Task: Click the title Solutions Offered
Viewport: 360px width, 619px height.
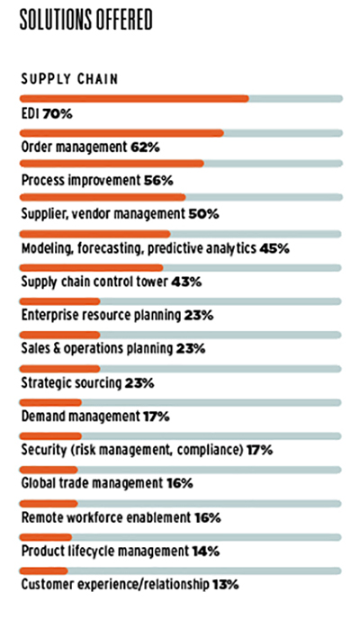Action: pos(86,20)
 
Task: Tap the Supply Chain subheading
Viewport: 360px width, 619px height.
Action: pos(69,79)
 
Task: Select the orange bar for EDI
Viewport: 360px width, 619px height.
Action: pos(134,99)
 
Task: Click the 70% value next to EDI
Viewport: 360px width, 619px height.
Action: pos(58,114)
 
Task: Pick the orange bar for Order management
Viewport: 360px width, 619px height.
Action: pos(121,133)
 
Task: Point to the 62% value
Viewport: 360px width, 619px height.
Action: pos(145,148)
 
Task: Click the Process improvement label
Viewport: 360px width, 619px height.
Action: pos(80,181)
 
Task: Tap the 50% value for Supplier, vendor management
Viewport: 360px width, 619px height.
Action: pos(203,214)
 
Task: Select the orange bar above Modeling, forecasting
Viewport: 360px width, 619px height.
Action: pos(95,234)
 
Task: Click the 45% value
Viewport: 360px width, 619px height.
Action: pos(274,248)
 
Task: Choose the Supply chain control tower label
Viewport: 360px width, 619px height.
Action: pos(94,282)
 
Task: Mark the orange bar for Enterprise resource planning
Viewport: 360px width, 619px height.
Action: pos(60,301)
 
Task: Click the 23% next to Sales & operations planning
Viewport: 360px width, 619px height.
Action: pos(191,349)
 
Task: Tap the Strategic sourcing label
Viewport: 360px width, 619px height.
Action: pos(71,383)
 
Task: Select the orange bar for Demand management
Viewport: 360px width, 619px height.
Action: pos(50,403)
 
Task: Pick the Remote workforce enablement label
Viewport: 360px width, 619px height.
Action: pos(106,517)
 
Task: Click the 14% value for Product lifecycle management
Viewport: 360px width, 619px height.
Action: pos(206,551)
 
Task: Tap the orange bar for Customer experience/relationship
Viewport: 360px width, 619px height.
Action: pos(44,570)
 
